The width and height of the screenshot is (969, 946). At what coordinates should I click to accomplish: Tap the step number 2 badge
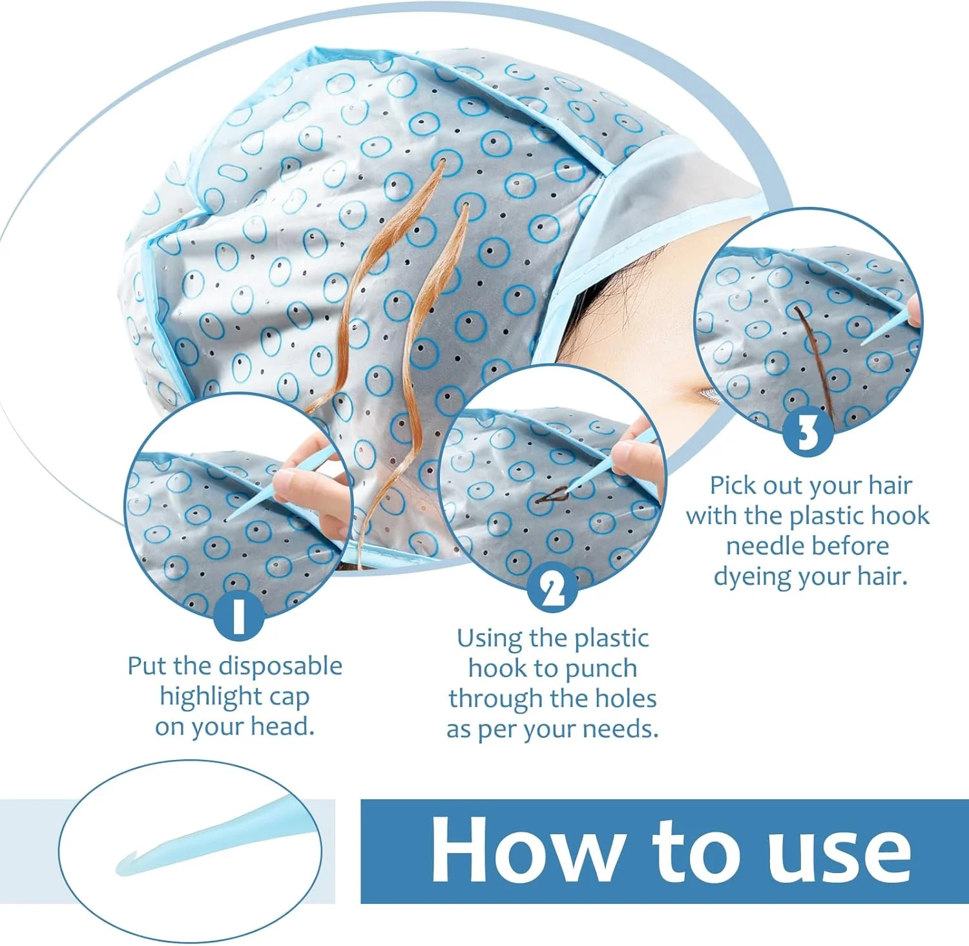click(x=553, y=587)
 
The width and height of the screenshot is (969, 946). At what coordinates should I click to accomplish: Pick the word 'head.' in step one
click(x=282, y=726)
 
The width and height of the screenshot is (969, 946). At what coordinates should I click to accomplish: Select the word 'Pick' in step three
click(x=733, y=485)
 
